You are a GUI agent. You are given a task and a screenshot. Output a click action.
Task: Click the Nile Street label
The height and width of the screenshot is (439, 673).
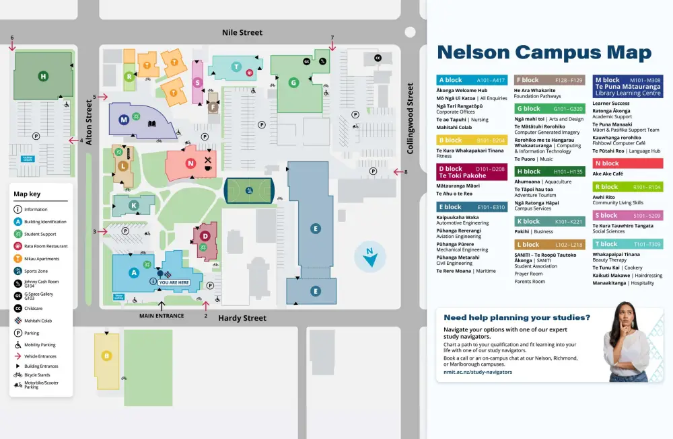242,32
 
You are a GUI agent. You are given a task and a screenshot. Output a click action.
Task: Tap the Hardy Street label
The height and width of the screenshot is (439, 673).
242,318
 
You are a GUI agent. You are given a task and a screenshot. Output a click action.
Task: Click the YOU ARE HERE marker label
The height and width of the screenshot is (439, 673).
174,282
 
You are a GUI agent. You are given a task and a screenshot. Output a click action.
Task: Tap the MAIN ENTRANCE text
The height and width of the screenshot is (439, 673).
162,315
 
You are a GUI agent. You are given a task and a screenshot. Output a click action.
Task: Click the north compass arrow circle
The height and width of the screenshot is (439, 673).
370,256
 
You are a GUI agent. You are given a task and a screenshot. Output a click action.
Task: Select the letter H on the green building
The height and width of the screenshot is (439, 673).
43,77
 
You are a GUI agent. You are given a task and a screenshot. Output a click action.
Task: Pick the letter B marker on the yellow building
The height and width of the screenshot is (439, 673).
106,356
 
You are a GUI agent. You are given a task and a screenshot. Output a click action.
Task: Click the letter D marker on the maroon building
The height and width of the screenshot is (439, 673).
205,236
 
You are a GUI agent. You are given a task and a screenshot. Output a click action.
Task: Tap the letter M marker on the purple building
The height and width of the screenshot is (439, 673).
124,120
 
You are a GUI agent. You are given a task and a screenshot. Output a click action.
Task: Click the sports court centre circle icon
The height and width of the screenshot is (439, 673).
250,190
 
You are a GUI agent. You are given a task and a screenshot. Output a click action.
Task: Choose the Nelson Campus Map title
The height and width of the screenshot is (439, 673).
544,52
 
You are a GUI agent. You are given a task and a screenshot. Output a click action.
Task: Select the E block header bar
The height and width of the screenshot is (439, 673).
471,207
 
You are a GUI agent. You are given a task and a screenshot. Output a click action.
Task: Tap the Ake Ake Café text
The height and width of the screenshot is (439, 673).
608,173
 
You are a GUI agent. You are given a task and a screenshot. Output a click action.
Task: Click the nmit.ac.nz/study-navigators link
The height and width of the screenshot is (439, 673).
478,372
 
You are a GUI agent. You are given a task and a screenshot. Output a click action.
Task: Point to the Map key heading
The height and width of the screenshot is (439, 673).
27,194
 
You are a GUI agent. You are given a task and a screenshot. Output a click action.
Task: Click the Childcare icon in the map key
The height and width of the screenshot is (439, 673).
17,308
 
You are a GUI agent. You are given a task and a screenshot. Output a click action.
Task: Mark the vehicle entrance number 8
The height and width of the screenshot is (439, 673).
405,172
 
